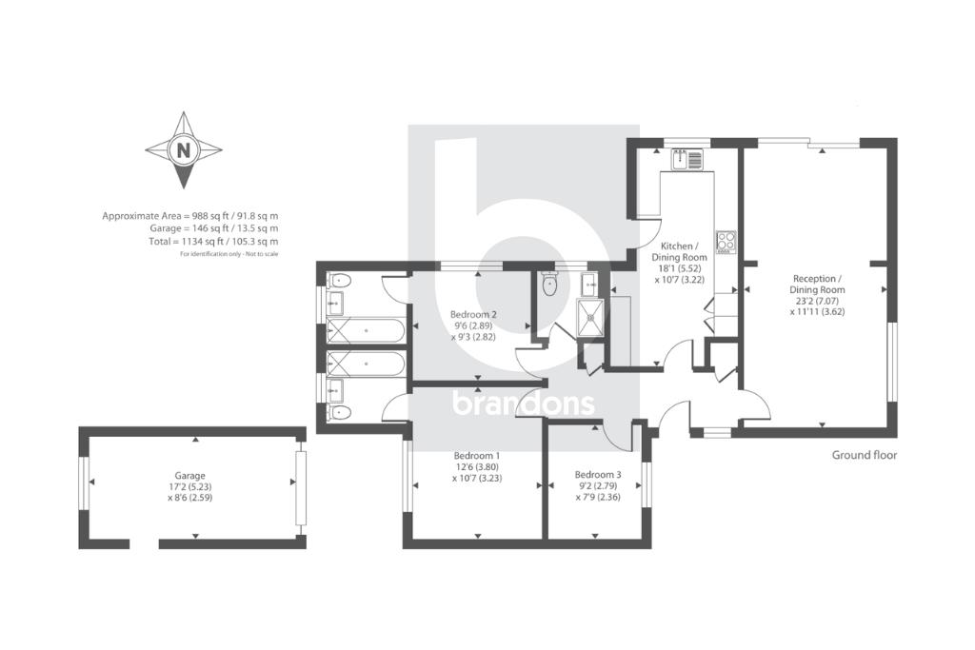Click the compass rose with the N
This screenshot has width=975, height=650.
coord(183,150)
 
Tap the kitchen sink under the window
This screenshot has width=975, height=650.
coord(686,160)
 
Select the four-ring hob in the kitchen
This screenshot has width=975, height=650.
coord(726,241)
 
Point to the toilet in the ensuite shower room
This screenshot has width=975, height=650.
coord(548,284)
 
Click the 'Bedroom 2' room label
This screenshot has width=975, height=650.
coord(474,314)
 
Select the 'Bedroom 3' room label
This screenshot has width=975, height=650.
coord(598,474)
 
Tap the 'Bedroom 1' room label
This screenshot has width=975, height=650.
coord(476,456)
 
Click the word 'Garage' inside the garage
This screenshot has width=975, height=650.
coord(189,475)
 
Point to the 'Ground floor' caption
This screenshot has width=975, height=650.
coord(864,455)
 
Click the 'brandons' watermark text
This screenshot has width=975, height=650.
coord(523,404)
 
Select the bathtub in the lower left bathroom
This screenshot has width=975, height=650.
coord(367,364)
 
